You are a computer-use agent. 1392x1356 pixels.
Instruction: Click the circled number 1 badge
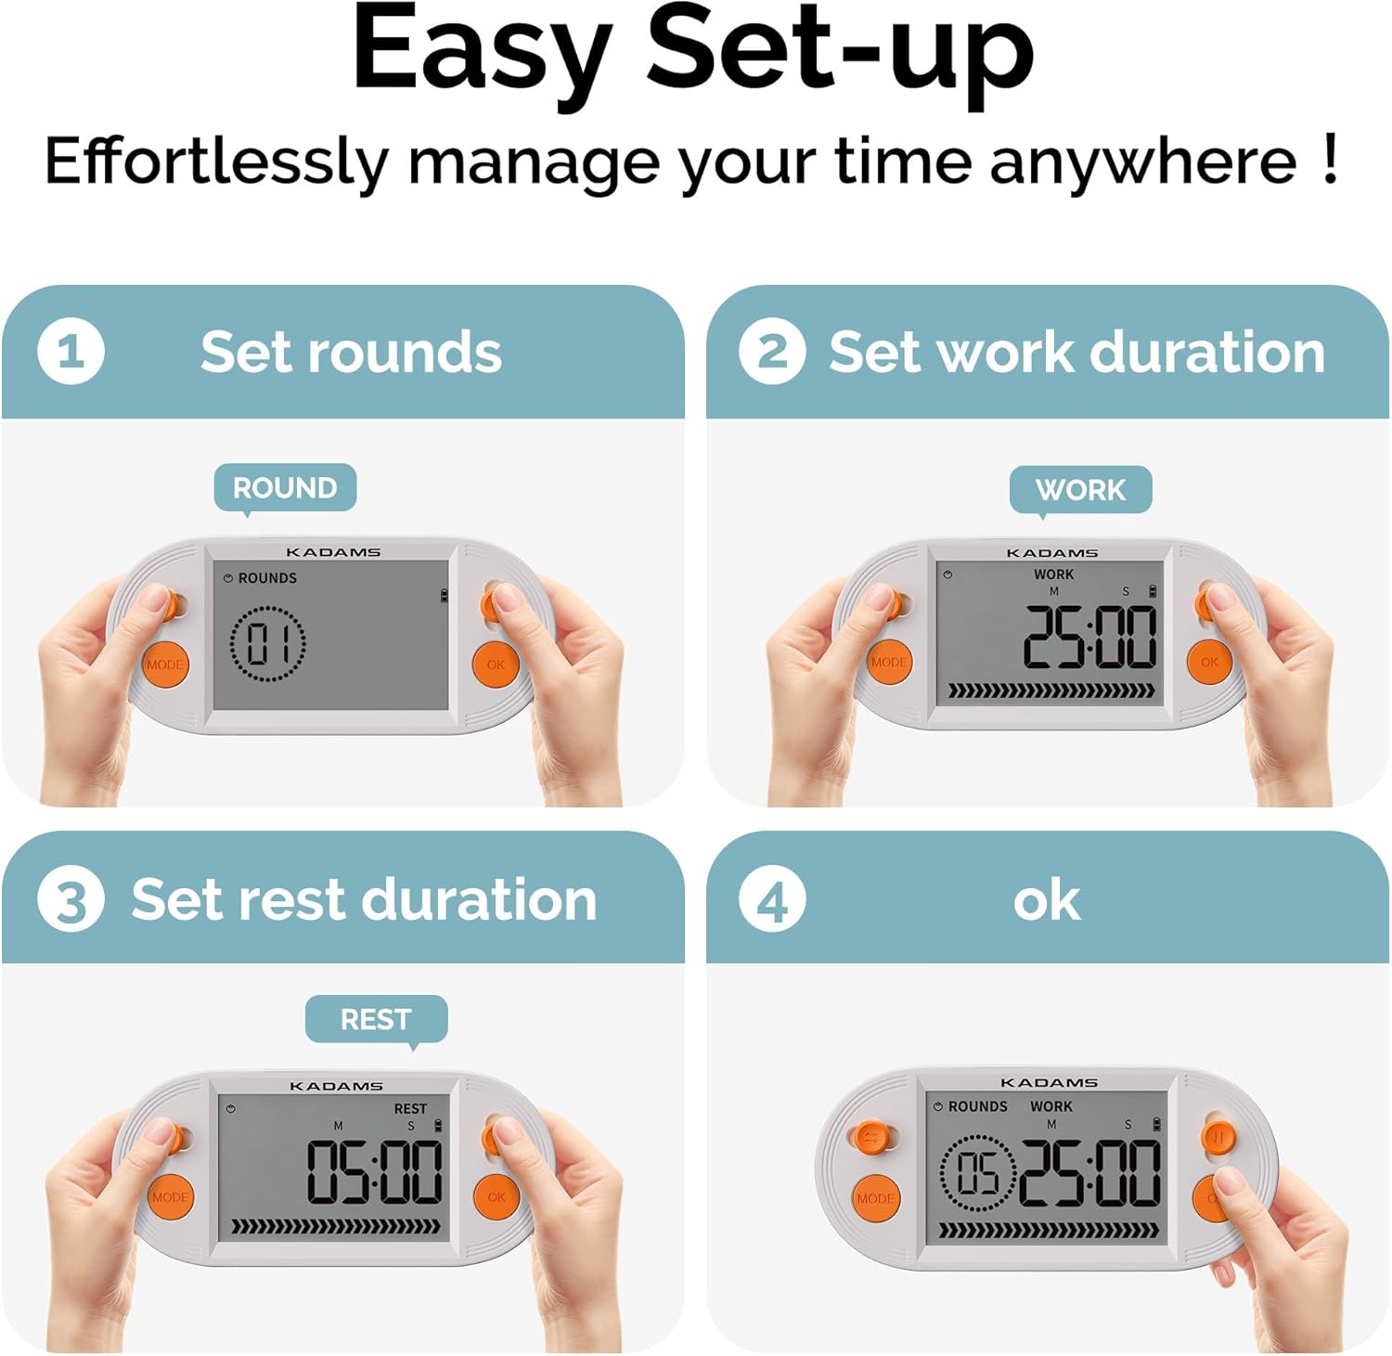point(71,351)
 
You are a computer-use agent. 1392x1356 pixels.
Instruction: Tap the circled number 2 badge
point(772,351)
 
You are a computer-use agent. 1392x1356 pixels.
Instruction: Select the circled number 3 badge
point(71,898)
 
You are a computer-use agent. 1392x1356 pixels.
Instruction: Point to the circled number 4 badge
point(772,898)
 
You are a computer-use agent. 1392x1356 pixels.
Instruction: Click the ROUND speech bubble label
point(285,488)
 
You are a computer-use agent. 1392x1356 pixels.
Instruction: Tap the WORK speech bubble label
point(1081,490)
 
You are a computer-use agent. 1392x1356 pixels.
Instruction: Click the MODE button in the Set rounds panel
point(164,665)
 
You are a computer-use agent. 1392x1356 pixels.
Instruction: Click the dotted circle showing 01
point(267,644)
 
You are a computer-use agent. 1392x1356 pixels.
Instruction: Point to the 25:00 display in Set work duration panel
point(1090,638)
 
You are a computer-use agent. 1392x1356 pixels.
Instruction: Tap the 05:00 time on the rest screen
point(375,1172)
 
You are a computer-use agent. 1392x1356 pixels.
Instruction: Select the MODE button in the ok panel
point(876,1198)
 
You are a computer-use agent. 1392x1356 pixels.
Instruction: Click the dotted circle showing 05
point(977,1173)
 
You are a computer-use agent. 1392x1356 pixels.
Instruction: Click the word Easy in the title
point(483,51)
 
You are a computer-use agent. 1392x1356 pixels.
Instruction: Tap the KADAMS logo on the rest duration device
point(336,1086)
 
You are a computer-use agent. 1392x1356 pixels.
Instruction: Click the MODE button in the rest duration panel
point(170,1197)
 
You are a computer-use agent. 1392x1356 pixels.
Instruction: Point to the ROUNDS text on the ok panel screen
point(978,1106)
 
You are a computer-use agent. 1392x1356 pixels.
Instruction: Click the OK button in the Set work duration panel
point(1209,662)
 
